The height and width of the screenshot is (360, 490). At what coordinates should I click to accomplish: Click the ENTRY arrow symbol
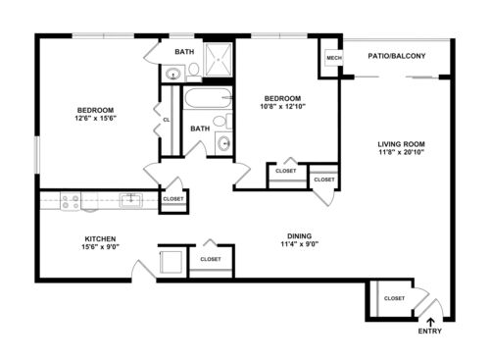pyautogui.click(x=431, y=322)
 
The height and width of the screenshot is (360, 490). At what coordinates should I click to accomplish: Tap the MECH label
pyautogui.click(x=334, y=58)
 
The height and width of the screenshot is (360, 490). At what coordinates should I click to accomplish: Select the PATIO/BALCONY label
pyautogui.click(x=397, y=56)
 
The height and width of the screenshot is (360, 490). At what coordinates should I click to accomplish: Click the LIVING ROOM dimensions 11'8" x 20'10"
pyautogui.click(x=401, y=152)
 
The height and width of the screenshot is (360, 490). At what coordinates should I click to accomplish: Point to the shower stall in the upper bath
pyautogui.click(x=218, y=60)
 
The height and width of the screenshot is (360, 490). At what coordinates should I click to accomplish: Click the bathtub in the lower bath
pyautogui.click(x=208, y=98)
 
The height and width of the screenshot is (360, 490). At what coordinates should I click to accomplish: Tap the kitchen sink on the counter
pyautogui.click(x=130, y=200)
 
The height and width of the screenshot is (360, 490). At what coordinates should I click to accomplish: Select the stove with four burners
pyautogui.click(x=71, y=201)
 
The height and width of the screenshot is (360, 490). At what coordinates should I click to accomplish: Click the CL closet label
pyautogui.click(x=167, y=120)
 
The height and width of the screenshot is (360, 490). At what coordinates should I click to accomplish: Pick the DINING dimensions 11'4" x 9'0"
pyautogui.click(x=300, y=244)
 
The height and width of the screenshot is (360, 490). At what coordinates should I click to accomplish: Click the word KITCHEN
pyautogui.click(x=100, y=238)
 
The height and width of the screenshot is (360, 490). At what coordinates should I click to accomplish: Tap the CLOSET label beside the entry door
pyautogui.click(x=394, y=298)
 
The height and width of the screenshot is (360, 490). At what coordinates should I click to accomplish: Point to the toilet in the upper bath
pyautogui.click(x=194, y=72)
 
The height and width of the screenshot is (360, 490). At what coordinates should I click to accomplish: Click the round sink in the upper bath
pyautogui.click(x=172, y=74)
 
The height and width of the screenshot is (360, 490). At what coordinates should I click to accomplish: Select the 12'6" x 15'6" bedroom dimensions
pyautogui.click(x=96, y=118)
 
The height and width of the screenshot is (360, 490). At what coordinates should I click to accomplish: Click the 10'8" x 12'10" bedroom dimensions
pyautogui.click(x=282, y=106)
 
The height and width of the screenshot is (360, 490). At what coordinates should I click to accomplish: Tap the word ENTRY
pyautogui.click(x=430, y=331)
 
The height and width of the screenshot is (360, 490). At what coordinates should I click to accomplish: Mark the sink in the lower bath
pyautogui.click(x=223, y=143)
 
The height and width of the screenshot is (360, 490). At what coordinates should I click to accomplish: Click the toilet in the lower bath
pyautogui.click(x=222, y=121)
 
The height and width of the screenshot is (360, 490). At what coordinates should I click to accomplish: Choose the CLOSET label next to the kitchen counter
pyautogui.click(x=173, y=199)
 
